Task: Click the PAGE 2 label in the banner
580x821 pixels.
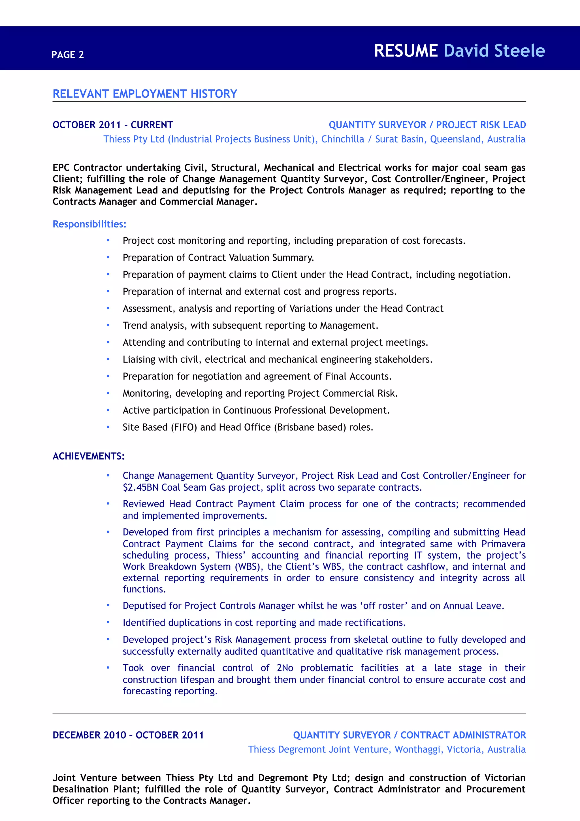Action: pyautogui.click(x=67, y=55)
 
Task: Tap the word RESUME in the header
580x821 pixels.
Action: pyautogui.click(x=406, y=51)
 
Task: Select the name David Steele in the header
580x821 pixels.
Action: pyautogui.click(x=494, y=51)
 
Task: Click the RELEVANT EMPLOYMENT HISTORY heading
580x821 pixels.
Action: pyautogui.click(x=145, y=94)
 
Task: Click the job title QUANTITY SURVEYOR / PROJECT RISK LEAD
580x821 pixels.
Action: pyautogui.click(x=427, y=125)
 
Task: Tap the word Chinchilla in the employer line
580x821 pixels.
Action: pyautogui.click(x=342, y=139)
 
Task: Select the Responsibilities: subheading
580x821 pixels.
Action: pyautogui.click(x=89, y=224)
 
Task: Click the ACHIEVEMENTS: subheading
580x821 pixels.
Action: pyautogui.click(x=88, y=456)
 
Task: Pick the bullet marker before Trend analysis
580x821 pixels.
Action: pyautogui.click(x=108, y=326)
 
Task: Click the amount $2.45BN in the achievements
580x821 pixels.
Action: pyautogui.click(x=141, y=487)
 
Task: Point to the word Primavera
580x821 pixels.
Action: pyautogui.click(x=503, y=544)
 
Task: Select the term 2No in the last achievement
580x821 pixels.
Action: pyautogui.click(x=285, y=668)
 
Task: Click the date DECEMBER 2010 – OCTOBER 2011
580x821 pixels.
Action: pyautogui.click(x=128, y=735)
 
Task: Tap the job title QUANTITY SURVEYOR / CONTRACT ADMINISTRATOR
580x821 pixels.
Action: pyautogui.click(x=409, y=735)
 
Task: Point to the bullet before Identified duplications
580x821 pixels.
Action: pyautogui.click(x=108, y=622)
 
